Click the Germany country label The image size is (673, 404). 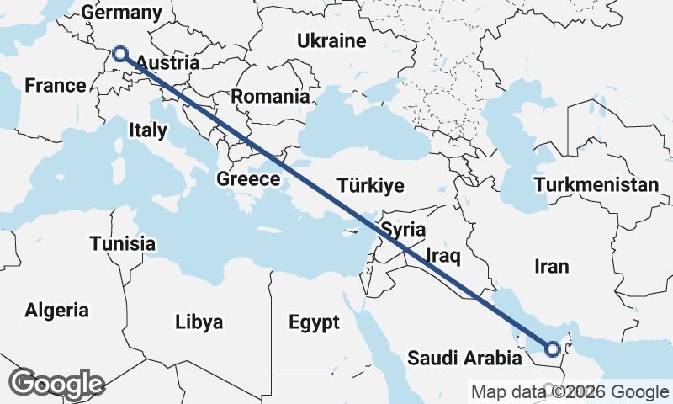pos(122,13)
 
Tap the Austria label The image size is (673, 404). pos(167,63)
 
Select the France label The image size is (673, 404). pos(56,86)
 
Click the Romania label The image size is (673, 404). pos(270,97)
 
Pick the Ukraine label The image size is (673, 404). pos(331,41)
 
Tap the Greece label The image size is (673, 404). pos(248,179)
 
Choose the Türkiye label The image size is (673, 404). pos(370,186)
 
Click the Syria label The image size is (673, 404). pos(403,229)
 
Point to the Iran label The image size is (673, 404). pos(552,267)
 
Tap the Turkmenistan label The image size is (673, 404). pos(596,185)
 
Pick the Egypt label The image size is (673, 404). pos(314,322)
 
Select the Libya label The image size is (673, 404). pos(199,322)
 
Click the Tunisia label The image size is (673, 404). pos(123,244)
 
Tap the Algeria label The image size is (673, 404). pos(56,310)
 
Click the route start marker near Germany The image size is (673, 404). pos(120,55)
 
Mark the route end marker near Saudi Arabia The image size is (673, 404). pos(553,348)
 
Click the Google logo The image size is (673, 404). pos(57,383)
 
